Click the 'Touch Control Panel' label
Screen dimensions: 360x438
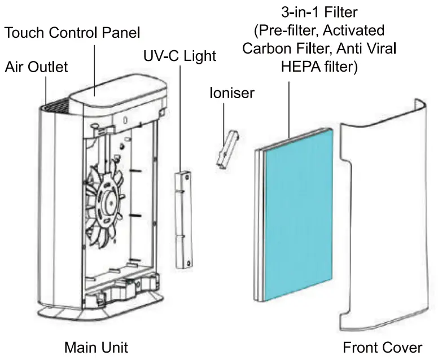[x=72, y=32]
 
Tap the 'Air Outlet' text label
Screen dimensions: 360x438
[x=37, y=67]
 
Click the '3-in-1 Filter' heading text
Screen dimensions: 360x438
[x=319, y=11]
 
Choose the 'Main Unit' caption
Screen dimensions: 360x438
[x=96, y=346]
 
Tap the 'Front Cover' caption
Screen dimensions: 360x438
[x=382, y=346]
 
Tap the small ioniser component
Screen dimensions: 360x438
[x=225, y=150]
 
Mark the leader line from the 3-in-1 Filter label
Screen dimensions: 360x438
[x=289, y=107]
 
